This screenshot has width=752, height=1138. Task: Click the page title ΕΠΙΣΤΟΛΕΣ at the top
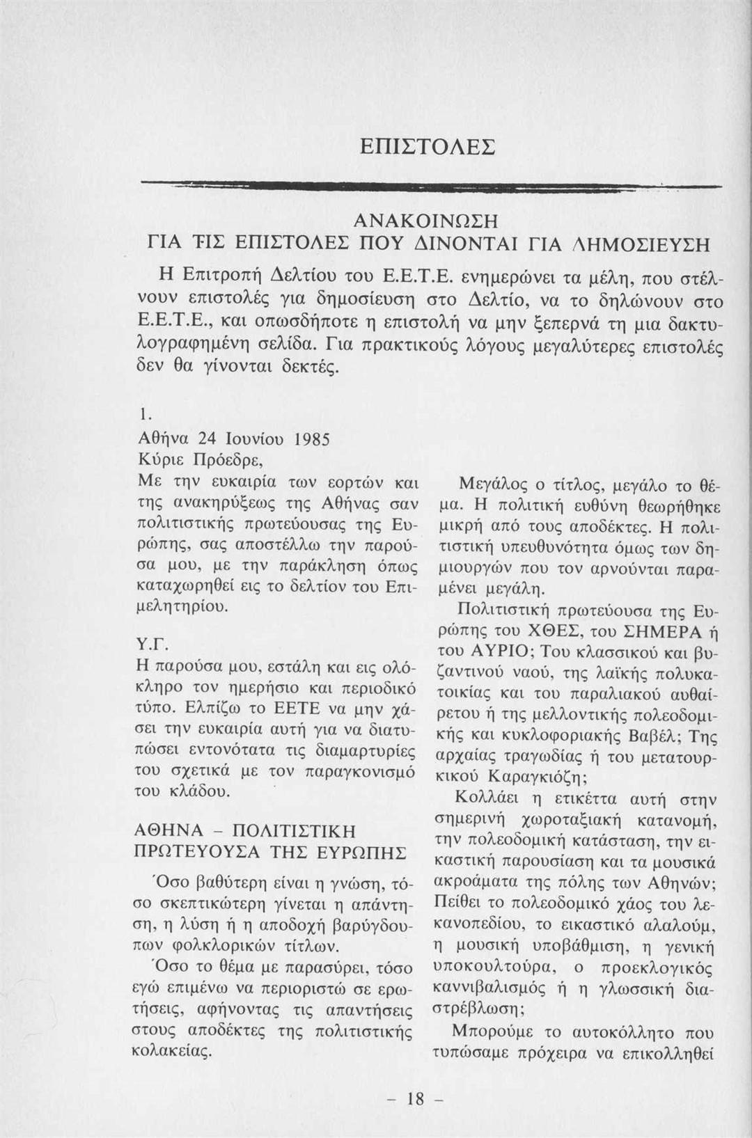point(428,147)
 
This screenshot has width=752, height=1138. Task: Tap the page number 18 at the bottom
point(416,1098)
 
